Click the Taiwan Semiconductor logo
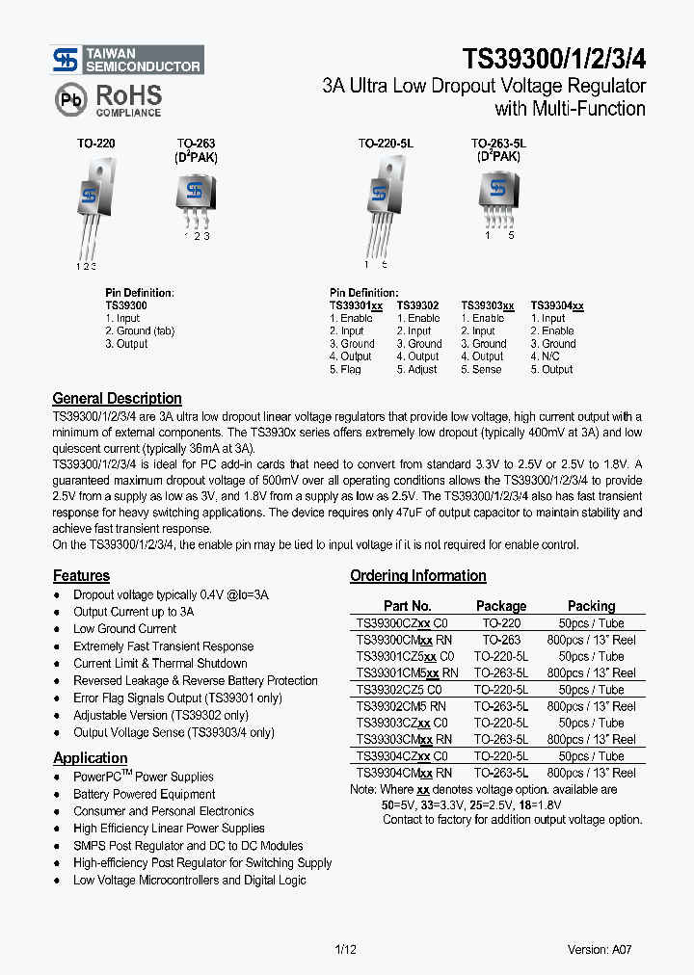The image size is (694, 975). tap(126, 60)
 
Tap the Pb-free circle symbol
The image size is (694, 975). tap(70, 100)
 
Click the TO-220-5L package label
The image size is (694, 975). tap(385, 143)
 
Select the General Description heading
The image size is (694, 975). tap(117, 398)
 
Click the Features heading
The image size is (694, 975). tap(81, 575)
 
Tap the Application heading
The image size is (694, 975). tap(90, 757)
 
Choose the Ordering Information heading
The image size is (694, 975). tap(417, 575)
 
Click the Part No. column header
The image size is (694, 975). tap(407, 606)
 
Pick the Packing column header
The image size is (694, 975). tap(591, 606)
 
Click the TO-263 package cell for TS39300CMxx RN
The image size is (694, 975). tap(501, 639)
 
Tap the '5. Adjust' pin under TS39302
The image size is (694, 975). tap(416, 369)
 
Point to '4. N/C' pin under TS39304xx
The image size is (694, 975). tap(545, 356)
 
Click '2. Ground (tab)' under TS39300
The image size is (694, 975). tap(140, 330)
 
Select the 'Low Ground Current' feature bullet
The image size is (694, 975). tap(124, 628)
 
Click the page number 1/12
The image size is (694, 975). tap(345, 949)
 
